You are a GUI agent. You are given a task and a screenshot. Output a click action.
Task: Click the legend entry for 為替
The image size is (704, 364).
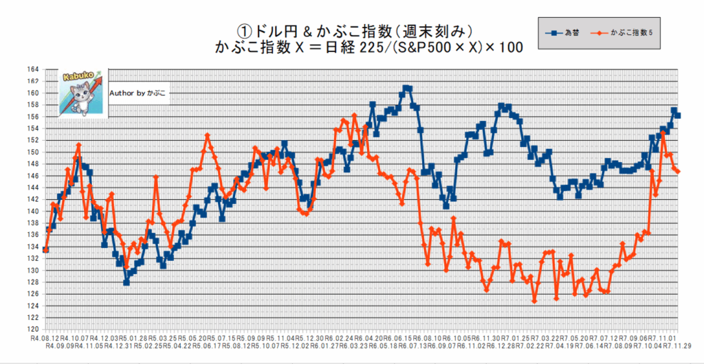[571, 33]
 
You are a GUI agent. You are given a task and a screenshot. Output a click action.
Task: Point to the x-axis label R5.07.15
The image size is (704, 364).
[224, 339]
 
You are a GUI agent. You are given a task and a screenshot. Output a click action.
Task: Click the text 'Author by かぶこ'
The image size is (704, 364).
[137, 92]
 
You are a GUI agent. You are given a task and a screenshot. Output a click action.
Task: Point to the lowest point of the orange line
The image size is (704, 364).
[534, 301]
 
